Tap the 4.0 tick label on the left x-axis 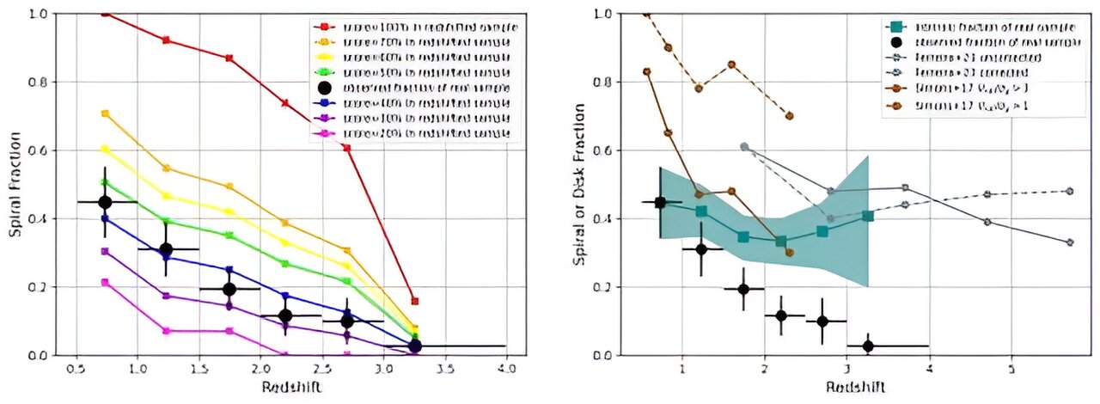point(506,370)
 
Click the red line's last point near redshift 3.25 point(415,301)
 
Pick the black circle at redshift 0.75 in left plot point(106,202)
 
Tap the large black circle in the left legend point(325,88)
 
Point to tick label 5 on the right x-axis point(1011,370)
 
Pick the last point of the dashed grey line point(1070,191)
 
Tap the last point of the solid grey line point(1070,242)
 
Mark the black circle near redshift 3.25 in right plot point(868,346)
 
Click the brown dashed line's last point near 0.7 point(789,115)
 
